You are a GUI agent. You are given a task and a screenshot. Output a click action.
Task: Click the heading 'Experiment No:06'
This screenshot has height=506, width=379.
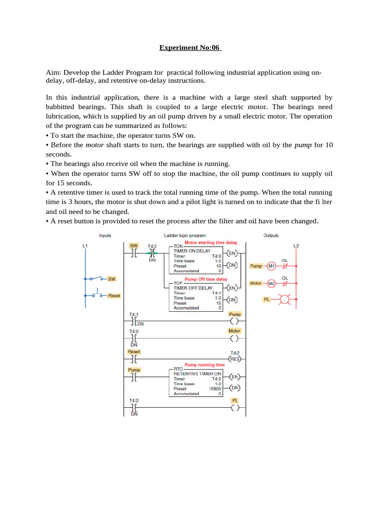190,48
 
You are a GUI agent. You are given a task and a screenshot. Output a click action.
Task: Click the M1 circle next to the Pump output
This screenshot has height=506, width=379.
271,266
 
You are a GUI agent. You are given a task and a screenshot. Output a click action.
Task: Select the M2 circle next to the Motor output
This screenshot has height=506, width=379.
271,284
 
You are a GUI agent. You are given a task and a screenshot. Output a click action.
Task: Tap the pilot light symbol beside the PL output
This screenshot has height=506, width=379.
283,299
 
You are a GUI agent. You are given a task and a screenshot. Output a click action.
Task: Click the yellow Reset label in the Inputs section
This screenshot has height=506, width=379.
114,295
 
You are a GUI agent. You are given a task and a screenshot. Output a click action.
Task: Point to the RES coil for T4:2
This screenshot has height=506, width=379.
234,359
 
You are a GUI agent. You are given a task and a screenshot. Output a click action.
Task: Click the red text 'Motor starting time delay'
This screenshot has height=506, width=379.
211,243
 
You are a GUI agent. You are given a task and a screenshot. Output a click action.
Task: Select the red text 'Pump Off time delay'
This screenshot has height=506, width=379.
205,279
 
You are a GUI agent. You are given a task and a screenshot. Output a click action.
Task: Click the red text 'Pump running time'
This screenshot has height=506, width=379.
204,365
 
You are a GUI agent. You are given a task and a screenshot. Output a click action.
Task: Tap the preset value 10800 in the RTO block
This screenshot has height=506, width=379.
215,389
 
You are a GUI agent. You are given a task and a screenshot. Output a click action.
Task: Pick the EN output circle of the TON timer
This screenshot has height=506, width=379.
232,253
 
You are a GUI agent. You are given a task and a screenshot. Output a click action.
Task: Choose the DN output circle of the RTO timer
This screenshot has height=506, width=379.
235,388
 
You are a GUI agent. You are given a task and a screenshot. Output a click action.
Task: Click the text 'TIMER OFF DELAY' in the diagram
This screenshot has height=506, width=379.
193,288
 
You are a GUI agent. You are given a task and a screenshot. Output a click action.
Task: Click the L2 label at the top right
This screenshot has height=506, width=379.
296,246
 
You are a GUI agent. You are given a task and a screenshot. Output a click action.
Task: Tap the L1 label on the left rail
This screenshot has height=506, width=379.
85,246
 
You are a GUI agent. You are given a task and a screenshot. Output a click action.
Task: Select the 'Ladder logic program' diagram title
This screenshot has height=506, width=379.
185,236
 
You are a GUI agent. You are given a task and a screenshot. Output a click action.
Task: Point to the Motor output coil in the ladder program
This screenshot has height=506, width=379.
234,338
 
